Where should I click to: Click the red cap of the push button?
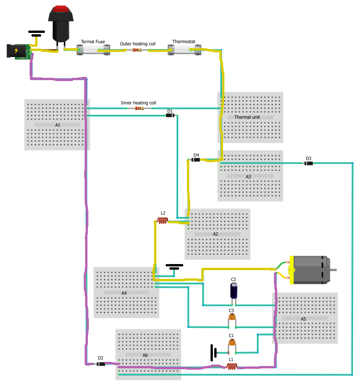pyautogui.click(x=61, y=9)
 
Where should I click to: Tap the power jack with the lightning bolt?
pyautogui.click(x=19, y=51)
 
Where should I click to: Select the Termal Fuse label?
pyautogui.click(x=93, y=42)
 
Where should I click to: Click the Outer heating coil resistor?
pyautogui.click(x=137, y=50)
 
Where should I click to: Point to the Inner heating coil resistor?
pyautogui.click(x=139, y=108)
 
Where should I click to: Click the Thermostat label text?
pyautogui.click(x=184, y=42)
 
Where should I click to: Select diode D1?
pyautogui.click(x=170, y=115)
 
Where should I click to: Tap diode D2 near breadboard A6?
pyautogui.click(x=101, y=364)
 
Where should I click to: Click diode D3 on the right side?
pyautogui.click(x=309, y=163)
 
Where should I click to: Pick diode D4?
pyautogui.click(x=195, y=160)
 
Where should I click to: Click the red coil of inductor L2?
pyautogui.click(x=162, y=221)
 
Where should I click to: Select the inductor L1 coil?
pyautogui.click(x=231, y=366)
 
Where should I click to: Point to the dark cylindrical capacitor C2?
pyautogui.click(x=234, y=290)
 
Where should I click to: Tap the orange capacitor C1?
pyautogui.click(x=232, y=342)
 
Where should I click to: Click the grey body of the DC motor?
pyautogui.click(x=311, y=270)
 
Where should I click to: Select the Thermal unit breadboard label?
pyautogui.click(x=247, y=117)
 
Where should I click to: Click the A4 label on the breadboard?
pyautogui.click(x=124, y=293)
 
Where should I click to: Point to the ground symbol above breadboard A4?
pyautogui.click(x=174, y=267)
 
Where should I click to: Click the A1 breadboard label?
pyautogui.click(x=58, y=125)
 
